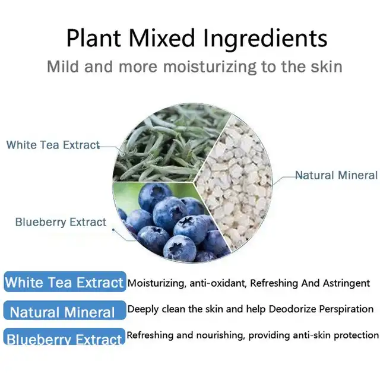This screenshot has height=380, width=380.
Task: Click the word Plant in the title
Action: pyautogui.click(x=94, y=38)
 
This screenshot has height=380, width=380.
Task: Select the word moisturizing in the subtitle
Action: pyautogui.click(x=210, y=66)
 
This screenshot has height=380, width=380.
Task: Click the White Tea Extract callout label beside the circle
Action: pyautogui.click(x=53, y=145)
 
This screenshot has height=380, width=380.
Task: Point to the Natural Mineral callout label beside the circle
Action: pyautogui.click(x=337, y=175)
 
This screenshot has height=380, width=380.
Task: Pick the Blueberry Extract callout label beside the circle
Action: pyautogui.click(x=61, y=222)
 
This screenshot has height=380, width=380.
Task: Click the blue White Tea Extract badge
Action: pyautogui.click(x=65, y=282)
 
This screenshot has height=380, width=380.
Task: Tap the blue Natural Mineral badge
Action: pyautogui.click(x=65, y=311)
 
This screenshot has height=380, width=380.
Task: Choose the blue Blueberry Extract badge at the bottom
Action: pyautogui.click(x=65, y=337)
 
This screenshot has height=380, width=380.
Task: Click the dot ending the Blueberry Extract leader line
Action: pyautogui.click(x=113, y=230)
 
